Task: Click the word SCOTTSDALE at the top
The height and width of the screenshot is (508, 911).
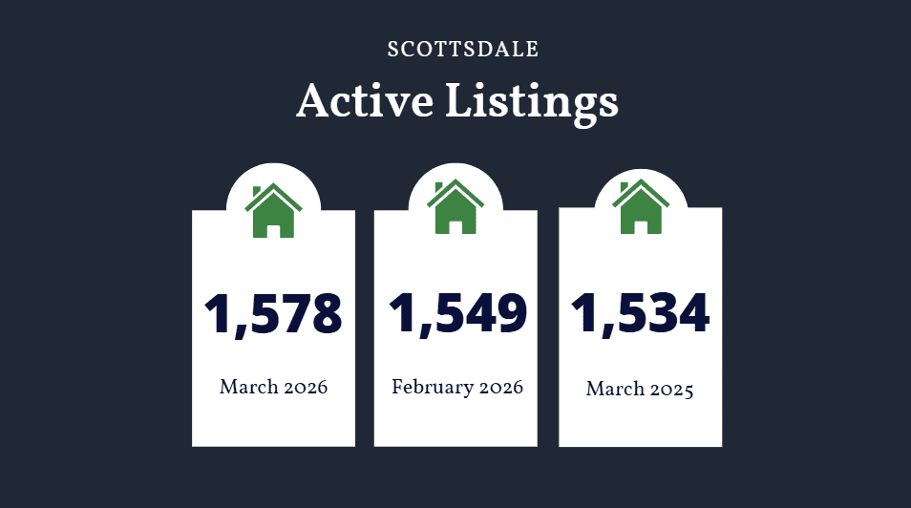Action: pos(463,50)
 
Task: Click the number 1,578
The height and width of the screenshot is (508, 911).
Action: pos(273,314)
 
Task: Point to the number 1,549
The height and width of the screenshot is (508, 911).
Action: pos(456,313)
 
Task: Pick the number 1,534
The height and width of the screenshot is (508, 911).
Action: pos(640,312)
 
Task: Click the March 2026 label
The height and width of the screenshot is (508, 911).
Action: pos(273,388)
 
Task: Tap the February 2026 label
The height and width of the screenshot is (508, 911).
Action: pos(456,388)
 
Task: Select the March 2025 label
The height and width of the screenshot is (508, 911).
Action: pos(640,390)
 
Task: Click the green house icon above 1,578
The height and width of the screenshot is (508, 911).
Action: pos(273,212)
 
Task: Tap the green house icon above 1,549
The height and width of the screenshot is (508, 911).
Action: pos(455,207)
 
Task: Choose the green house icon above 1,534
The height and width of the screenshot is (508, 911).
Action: pos(640,207)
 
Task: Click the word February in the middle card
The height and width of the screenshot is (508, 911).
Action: pos(433,388)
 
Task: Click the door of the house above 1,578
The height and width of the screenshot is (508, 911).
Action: pos(274,229)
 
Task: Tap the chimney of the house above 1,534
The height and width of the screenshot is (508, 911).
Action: pos(625,187)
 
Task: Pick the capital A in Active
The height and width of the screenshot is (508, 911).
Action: pos(313,101)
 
